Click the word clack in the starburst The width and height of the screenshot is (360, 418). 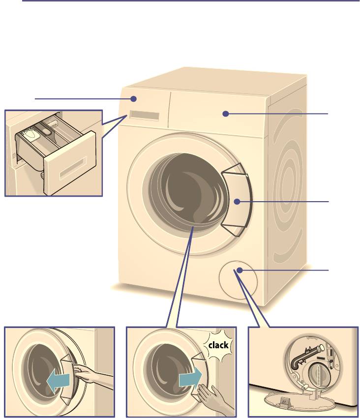(x=218, y=345)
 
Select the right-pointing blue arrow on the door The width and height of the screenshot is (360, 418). (x=190, y=379)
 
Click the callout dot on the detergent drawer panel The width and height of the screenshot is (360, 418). (x=134, y=99)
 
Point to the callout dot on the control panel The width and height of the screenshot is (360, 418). (x=226, y=114)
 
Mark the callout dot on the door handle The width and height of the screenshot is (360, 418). (x=237, y=202)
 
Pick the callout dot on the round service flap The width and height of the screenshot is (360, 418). (x=240, y=270)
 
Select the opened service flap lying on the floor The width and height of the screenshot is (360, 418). (x=299, y=403)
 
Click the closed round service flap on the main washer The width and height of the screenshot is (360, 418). (x=238, y=280)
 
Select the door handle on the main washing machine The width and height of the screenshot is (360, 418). (x=236, y=200)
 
